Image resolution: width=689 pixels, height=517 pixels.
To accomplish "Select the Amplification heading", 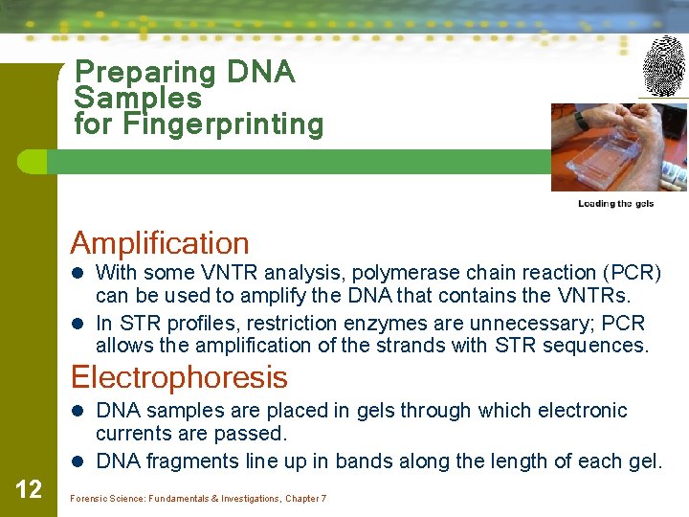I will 160,243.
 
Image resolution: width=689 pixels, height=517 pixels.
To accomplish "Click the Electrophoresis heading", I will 179,377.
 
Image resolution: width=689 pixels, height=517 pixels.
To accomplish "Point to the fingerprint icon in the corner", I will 663,66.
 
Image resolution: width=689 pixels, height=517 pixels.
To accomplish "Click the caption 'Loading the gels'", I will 615,203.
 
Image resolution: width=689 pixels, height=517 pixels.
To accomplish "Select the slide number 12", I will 29,490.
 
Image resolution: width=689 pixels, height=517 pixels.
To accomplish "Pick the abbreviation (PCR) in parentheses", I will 624,274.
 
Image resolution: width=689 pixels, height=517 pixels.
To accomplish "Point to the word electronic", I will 581,411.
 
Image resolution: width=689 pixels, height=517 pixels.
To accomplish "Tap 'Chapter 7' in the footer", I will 305,499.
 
